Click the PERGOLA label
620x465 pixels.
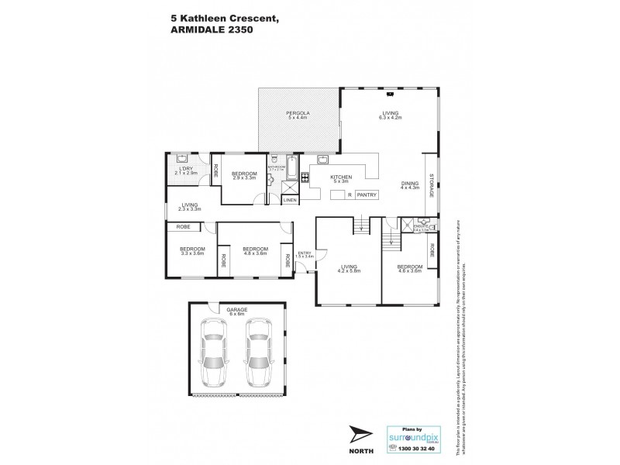(298, 114)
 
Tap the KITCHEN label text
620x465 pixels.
(341, 177)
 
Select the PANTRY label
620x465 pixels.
(368, 195)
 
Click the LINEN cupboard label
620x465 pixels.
(290, 200)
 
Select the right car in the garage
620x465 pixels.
(259, 353)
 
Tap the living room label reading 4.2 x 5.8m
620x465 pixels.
(348, 270)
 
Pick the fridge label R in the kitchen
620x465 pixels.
(350, 195)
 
